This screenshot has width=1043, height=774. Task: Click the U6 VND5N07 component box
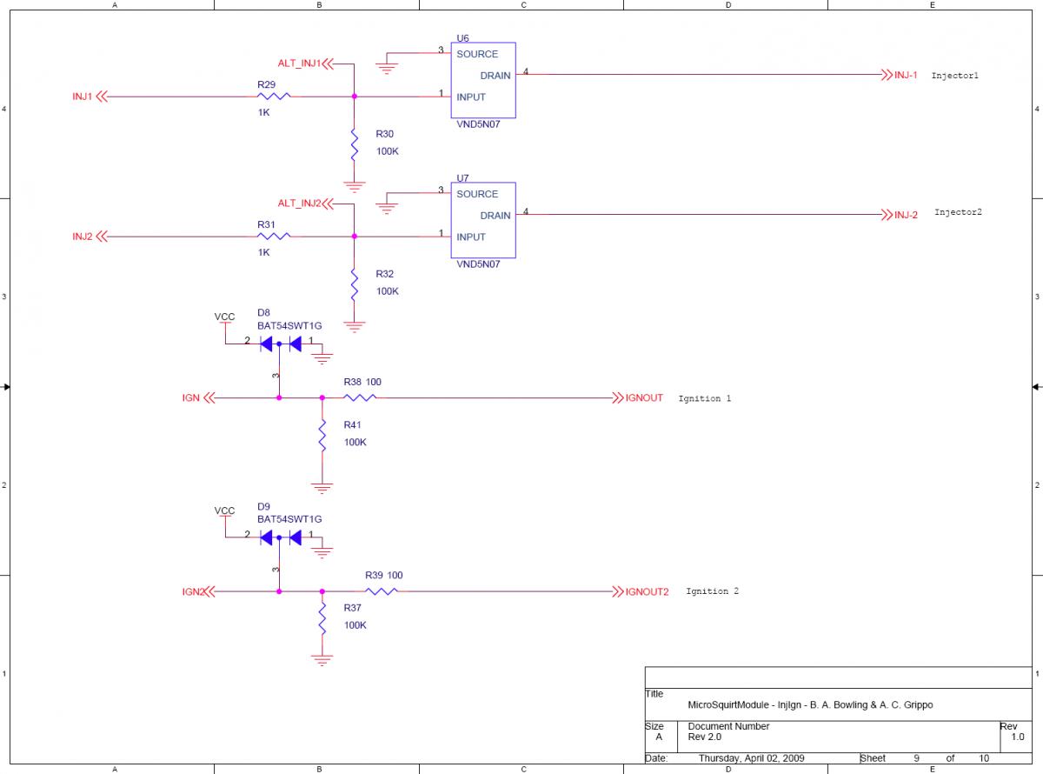(x=482, y=80)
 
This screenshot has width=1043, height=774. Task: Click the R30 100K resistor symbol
(x=355, y=143)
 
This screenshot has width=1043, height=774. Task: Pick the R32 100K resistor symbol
(x=355, y=283)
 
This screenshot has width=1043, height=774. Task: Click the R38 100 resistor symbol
(x=358, y=398)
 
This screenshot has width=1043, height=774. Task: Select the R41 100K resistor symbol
(x=322, y=434)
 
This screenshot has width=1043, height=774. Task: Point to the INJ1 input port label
(x=83, y=97)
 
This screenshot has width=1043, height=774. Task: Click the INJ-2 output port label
(x=906, y=215)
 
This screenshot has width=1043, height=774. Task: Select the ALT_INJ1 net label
(x=299, y=63)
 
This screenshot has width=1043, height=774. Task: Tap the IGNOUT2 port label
(x=647, y=591)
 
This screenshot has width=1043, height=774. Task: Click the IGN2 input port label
(x=193, y=591)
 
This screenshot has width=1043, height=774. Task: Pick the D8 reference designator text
(x=263, y=312)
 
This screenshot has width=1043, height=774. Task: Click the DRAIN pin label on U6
(x=495, y=76)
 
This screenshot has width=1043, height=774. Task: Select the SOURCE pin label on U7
(x=477, y=194)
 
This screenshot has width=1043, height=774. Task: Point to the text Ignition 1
(x=704, y=398)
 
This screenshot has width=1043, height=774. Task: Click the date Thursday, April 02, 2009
(x=751, y=757)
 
